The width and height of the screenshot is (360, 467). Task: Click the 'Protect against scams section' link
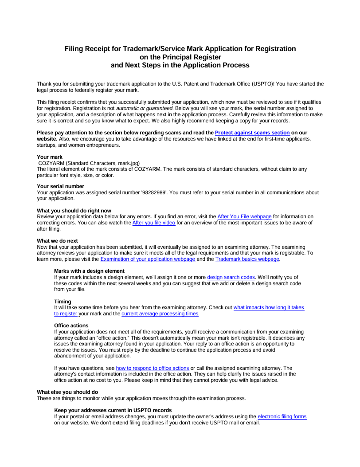252,133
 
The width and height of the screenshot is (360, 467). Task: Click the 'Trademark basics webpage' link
247,259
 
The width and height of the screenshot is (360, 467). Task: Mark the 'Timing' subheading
63,302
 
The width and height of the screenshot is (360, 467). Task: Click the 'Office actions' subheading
71,326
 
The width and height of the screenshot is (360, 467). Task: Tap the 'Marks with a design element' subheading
89,271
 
